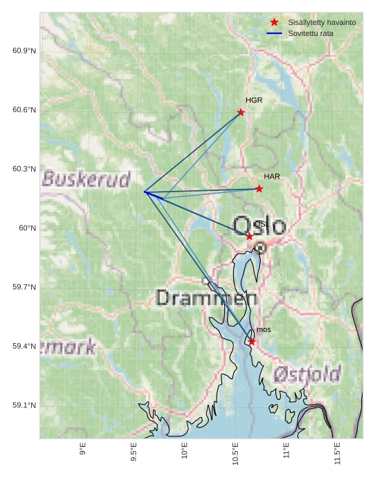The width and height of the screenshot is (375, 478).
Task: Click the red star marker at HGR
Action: pos(241,112)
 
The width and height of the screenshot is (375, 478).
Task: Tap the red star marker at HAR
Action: pos(259,189)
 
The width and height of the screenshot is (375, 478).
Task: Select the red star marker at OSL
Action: pos(250,237)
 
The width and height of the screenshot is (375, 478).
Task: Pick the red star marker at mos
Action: pos(252,342)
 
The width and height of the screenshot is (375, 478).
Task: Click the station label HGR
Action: pos(254,100)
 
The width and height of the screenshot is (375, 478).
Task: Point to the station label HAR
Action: pos(272,176)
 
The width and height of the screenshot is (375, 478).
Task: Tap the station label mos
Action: pos(264,330)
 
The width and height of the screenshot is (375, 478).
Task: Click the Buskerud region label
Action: pos(86,180)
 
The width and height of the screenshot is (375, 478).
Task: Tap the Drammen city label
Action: pos(207,298)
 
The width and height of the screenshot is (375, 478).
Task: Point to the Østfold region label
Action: pos(307,375)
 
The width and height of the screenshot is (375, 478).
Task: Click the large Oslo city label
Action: pos(259,226)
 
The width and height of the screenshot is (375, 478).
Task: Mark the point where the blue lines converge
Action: pos(145,192)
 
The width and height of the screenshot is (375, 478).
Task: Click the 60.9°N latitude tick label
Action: pos(24,51)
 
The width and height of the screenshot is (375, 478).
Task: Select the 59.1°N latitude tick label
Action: pos(24,405)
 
